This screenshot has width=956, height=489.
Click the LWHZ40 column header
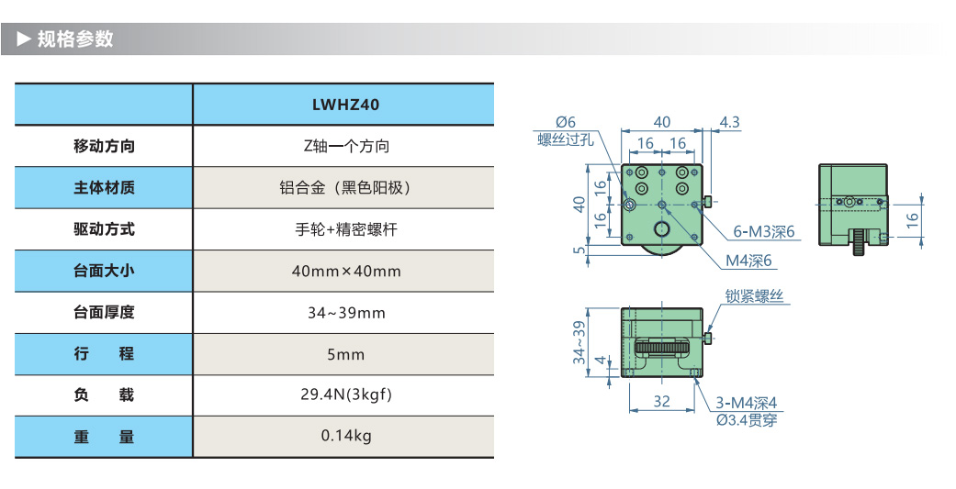(x=344, y=105)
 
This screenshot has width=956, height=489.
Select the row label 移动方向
(x=104, y=146)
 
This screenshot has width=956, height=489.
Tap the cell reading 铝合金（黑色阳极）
(x=344, y=188)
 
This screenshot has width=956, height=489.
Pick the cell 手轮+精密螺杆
(x=344, y=229)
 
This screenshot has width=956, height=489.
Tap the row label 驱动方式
(x=104, y=229)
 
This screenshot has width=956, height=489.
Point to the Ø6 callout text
(x=565, y=122)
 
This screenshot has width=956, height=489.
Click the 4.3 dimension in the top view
(x=730, y=121)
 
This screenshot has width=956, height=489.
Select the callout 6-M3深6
(x=763, y=232)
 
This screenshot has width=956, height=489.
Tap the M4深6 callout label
(x=749, y=261)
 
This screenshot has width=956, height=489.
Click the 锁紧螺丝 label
(x=755, y=296)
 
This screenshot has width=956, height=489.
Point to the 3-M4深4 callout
(x=747, y=403)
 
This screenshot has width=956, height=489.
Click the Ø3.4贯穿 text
(x=747, y=420)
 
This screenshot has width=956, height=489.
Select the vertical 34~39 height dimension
(x=579, y=342)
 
